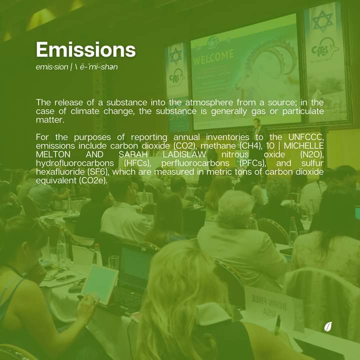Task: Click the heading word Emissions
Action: (85, 50)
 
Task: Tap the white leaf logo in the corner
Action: (328, 327)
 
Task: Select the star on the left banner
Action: (175, 55)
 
